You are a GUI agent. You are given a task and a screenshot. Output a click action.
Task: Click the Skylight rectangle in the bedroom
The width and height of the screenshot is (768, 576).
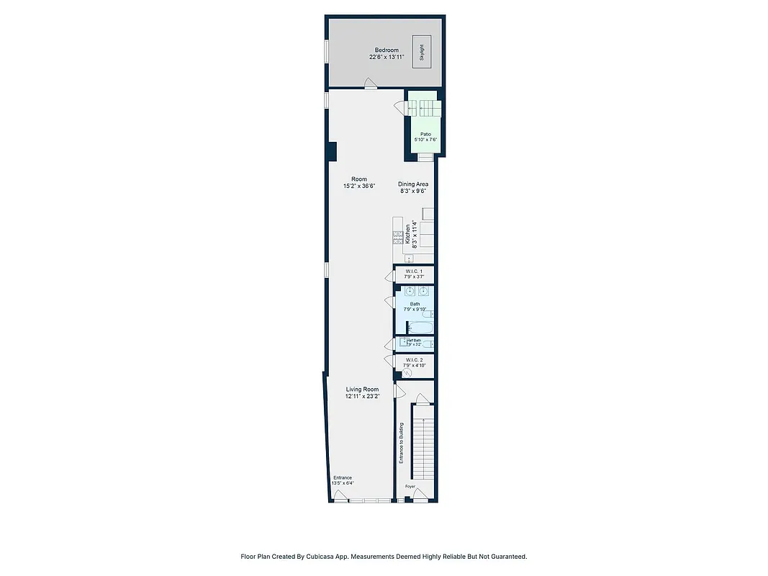(x=422, y=51)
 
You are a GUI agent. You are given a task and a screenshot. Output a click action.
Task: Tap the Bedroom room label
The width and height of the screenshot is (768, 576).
(x=387, y=53)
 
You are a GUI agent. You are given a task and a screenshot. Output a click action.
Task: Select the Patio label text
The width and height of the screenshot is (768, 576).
(x=425, y=137)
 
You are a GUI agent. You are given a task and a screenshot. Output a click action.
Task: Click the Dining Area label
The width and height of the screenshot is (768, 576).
(x=413, y=187)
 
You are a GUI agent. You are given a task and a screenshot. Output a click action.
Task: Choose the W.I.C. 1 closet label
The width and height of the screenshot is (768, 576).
(x=413, y=274)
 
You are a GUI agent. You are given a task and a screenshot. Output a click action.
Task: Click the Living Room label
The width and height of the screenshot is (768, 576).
(x=362, y=392)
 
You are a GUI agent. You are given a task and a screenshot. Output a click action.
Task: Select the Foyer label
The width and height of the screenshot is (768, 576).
(x=410, y=487)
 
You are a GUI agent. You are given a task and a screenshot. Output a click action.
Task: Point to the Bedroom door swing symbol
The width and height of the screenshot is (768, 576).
(x=369, y=83)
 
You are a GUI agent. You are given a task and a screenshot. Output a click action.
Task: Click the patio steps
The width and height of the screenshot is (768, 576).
(x=422, y=108)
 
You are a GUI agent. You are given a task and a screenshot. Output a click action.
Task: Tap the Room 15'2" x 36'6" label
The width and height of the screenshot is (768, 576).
(x=358, y=182)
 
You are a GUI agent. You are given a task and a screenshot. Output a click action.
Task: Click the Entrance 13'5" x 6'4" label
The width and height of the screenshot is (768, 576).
(x=343, y=480)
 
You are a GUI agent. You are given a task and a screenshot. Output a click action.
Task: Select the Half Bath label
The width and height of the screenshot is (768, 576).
(x=413, y=343)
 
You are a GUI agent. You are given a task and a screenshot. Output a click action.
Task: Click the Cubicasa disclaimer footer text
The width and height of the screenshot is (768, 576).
(x=384, y=557)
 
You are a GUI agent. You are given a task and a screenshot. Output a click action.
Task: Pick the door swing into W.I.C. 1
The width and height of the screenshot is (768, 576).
(x=389, y=274)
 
